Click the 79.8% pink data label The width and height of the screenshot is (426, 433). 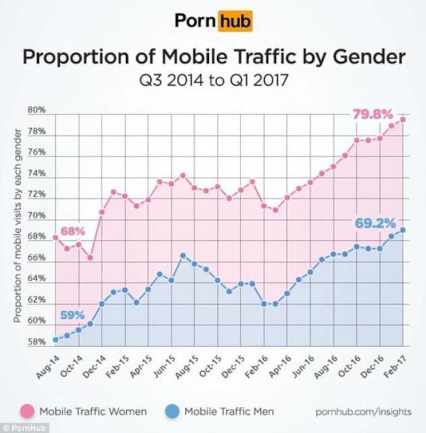tap(373, 115)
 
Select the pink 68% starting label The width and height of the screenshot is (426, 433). tap(72, 231)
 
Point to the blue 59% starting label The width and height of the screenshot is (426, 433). tap(72, 314)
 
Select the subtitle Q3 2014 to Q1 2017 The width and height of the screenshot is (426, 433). tap(213, 83)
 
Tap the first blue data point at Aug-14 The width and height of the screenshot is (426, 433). tap(55, 340)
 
